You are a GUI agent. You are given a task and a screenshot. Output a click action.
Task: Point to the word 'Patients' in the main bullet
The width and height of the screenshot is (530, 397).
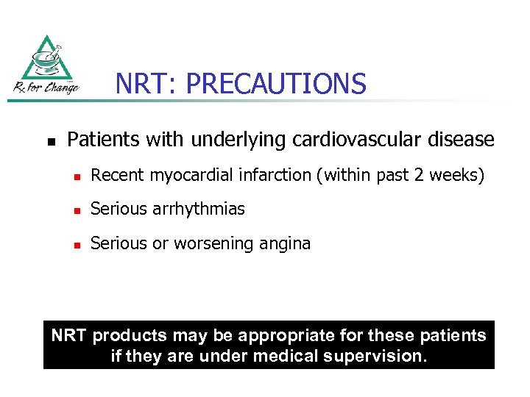point(99,138)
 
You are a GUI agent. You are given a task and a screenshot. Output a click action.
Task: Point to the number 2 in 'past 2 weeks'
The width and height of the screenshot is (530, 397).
point(427,176)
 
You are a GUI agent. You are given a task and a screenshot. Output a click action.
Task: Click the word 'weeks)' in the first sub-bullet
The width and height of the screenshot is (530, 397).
point(461,176)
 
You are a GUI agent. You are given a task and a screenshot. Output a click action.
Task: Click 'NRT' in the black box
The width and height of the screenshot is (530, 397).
point(68,336)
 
